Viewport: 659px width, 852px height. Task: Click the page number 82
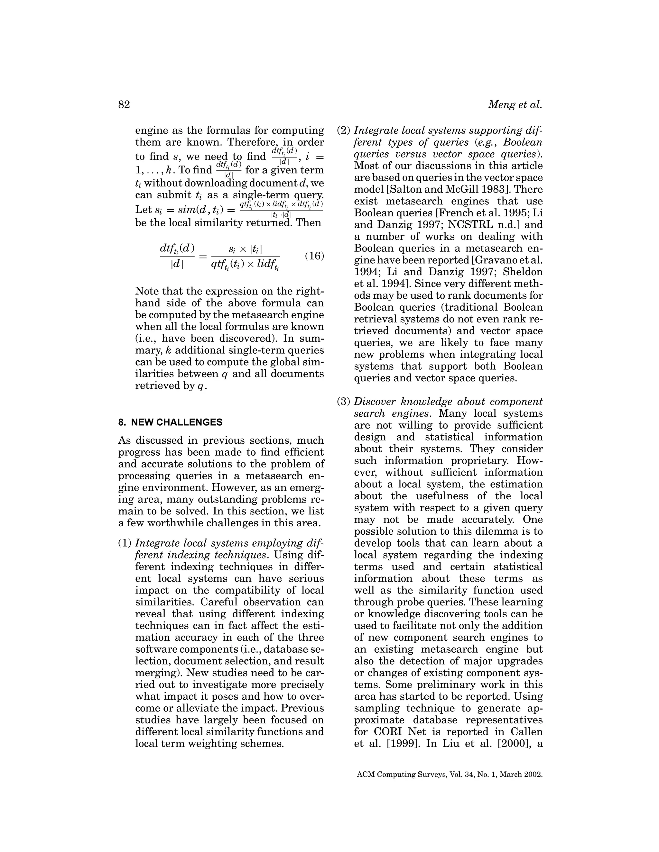pos(124,105)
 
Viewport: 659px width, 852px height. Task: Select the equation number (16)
pos(314,256)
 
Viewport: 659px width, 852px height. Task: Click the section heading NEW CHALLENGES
pos(177,422)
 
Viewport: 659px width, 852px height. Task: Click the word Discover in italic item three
pos(375,402)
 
